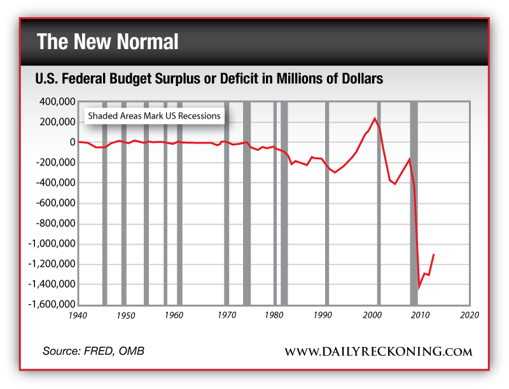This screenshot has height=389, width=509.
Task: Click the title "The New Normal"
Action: (x=108, y=42)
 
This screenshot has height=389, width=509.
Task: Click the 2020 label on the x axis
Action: (x=470, y=315)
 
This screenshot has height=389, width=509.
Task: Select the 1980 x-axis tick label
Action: (x=274, y=315)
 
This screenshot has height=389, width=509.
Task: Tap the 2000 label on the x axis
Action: (x=372, y=315)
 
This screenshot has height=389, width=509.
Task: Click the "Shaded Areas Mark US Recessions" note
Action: (x=154, y=117)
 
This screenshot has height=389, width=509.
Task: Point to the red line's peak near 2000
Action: (x=374, y=118)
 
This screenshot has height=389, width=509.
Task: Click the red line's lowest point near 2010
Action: (x=419, y=288)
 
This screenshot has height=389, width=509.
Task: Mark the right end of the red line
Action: (x=434, y=255)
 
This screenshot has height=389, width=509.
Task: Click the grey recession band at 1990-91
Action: (x=327, y=204)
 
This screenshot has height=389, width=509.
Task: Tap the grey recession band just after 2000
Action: (x=379, y=204)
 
